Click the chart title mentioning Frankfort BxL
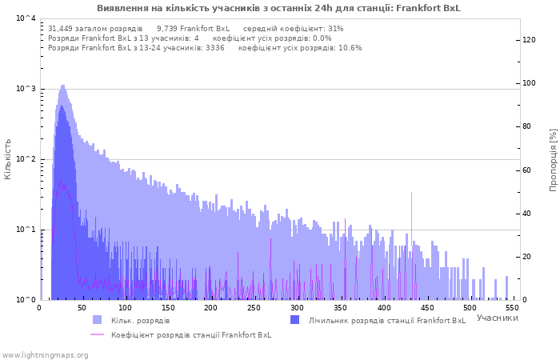click(x=278, y=8)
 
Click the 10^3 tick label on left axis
click(x=26, y=88)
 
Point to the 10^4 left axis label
click(x=26, y=18)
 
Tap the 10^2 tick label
click(x=26, y=158)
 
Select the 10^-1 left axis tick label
click(x=26, y=229)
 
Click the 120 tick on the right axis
click(x=529, y=40)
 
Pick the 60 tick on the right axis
click(x=526, y=170)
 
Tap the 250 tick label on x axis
click(x=254, y=308)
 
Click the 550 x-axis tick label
click(x=513, y=308)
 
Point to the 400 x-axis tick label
click(x=383, y=308)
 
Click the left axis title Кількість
click(x=7, y=159)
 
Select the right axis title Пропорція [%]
click(x=553, y=160)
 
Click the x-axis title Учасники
click(x=497, y=318)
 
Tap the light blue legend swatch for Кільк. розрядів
click(x=97, y=320)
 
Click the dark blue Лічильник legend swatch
click(x=295, y=320)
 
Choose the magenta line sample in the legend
click(x=97, y=334)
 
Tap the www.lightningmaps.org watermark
click(x=45, y=355)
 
